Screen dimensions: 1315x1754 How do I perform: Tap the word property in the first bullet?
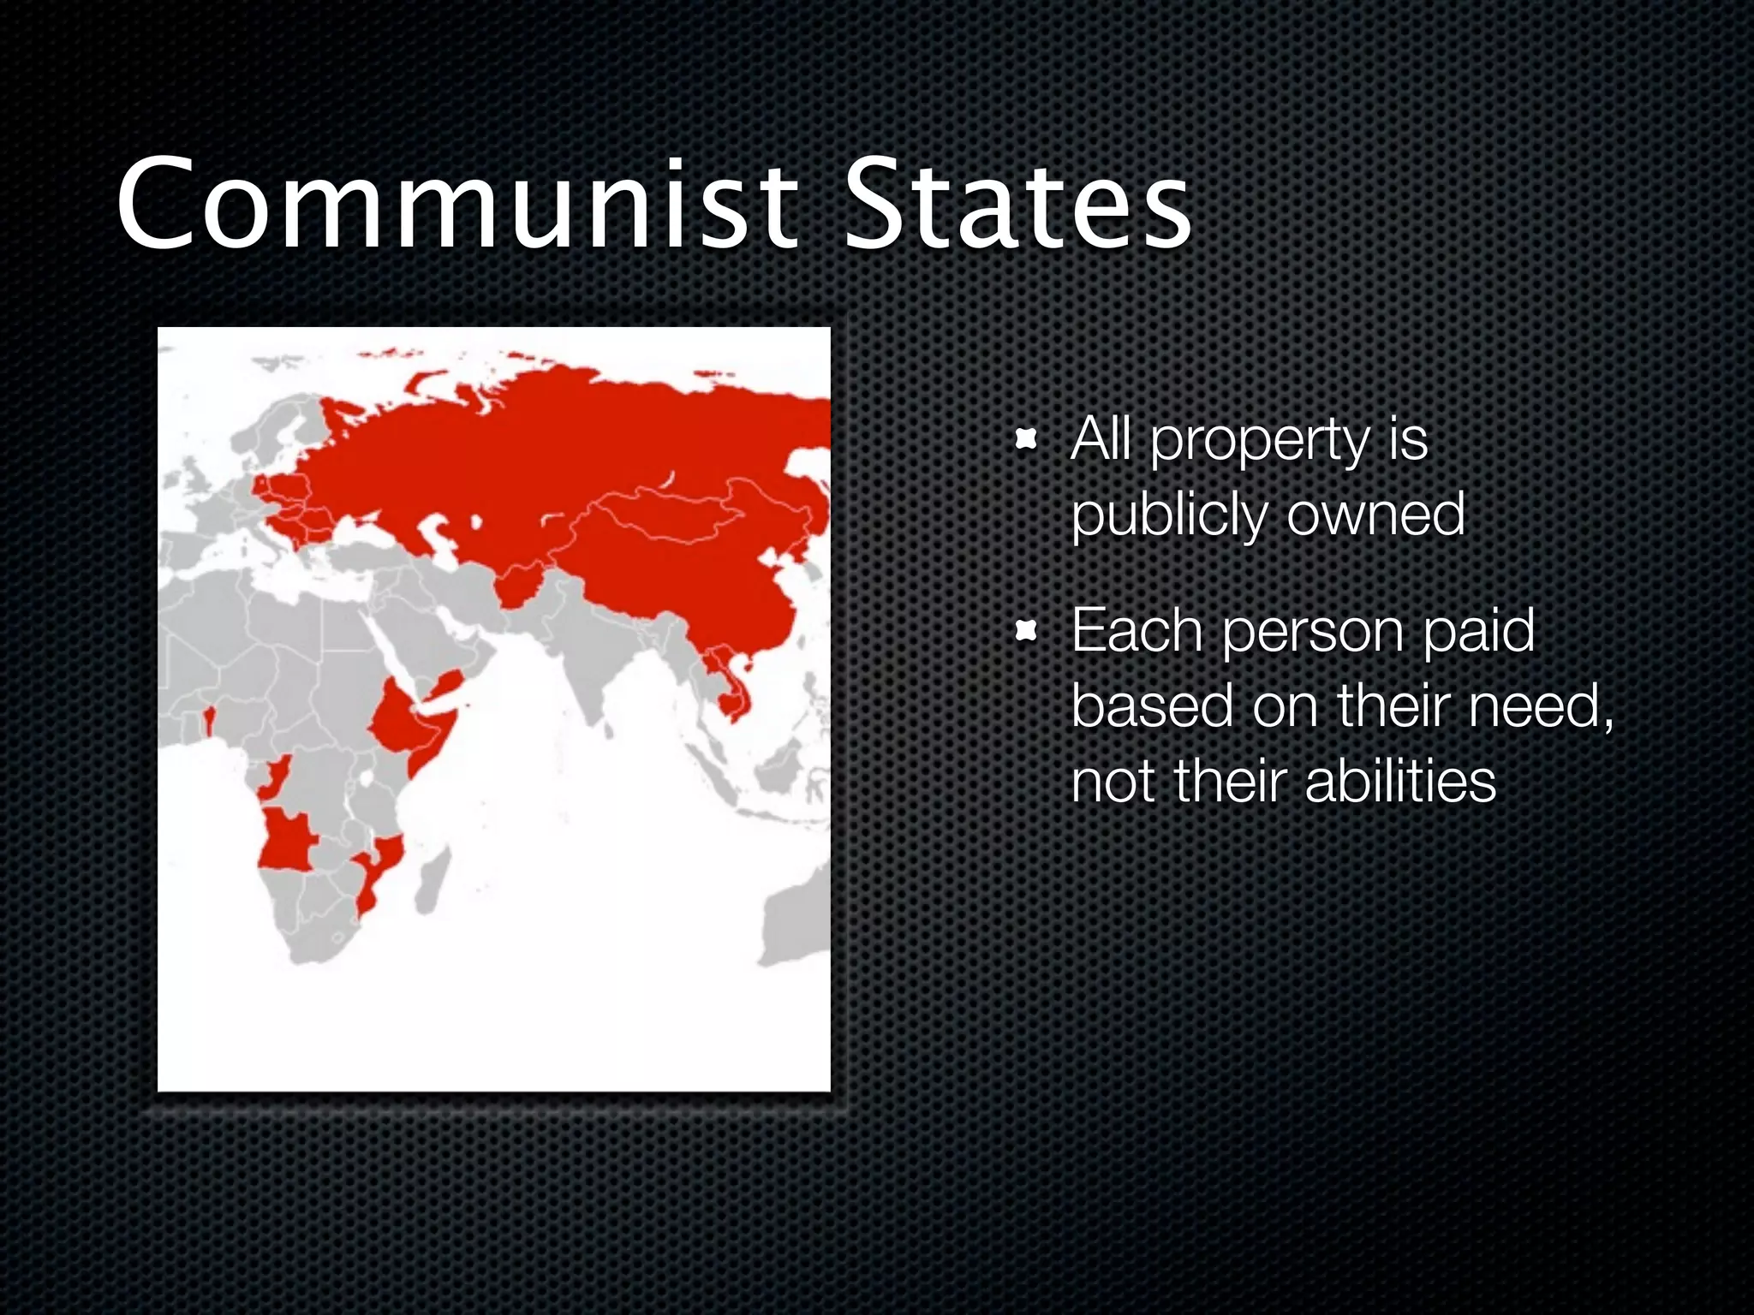click(x=1259, y=442)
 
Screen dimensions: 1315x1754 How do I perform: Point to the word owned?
click(x=1375, y=515)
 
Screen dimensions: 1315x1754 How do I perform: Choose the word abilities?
click(x=1399, y=782)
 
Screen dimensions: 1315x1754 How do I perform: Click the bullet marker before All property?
click(x=1025, y=442)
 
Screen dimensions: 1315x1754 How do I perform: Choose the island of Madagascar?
click(x=433, y=882)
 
